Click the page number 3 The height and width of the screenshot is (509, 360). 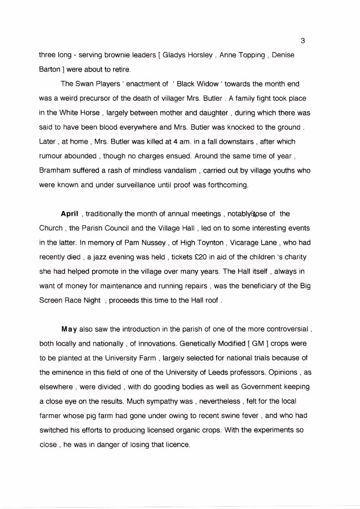tap(303, 41)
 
